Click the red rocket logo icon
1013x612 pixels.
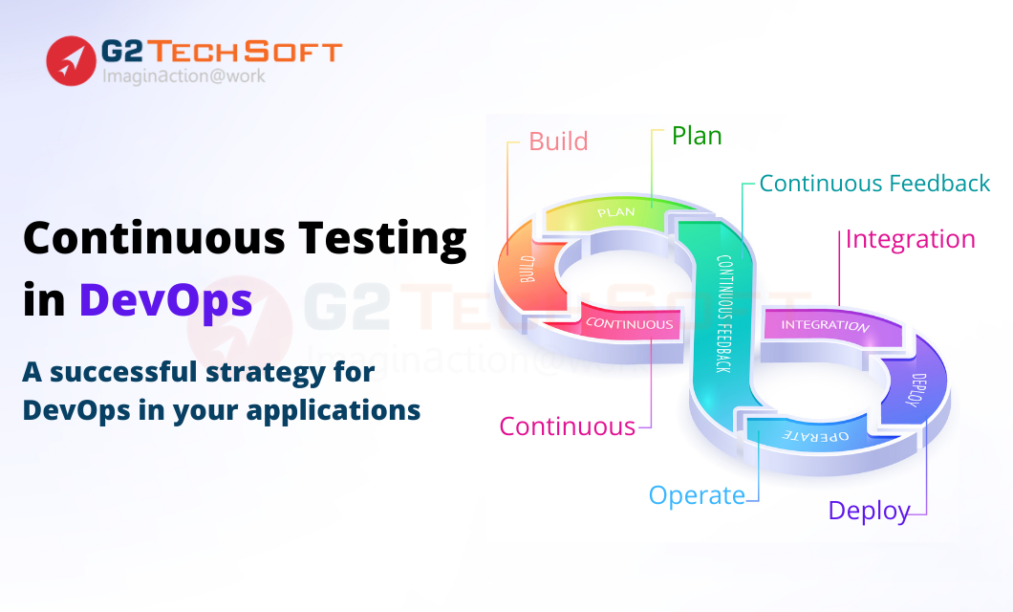tap(71, 61)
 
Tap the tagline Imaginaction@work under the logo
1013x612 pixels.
tap(183, 76)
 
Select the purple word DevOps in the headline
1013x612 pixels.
tap(165, 300)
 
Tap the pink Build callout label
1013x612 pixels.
tap(558, 142)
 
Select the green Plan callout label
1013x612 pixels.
tap(697, 137)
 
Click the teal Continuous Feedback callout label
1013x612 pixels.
tap(874, 184)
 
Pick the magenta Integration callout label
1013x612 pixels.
tap(911, 240)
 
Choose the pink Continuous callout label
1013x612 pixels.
tap(568, 426)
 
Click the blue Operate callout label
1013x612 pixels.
tap(697, 495)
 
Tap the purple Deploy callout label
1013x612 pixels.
tap(869, 512)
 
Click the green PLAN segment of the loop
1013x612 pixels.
tap(614, 214)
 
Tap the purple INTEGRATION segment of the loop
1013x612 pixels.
tap(827, 324)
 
